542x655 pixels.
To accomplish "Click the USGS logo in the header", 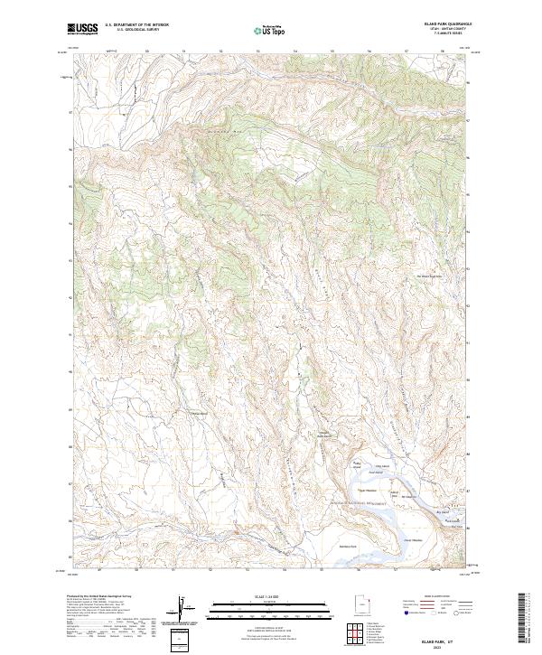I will click(83, 29).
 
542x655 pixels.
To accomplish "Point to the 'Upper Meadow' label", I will click(367, 491).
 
